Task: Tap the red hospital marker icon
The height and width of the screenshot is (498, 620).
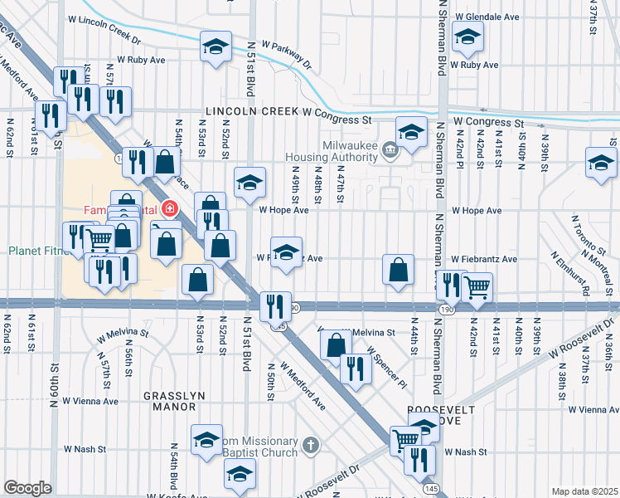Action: pos(169,209)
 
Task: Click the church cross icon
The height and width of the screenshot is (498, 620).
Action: pos(311,447)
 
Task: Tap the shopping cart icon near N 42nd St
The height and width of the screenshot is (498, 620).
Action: pos(476,287)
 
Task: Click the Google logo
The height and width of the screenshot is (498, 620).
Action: pos(27,488)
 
